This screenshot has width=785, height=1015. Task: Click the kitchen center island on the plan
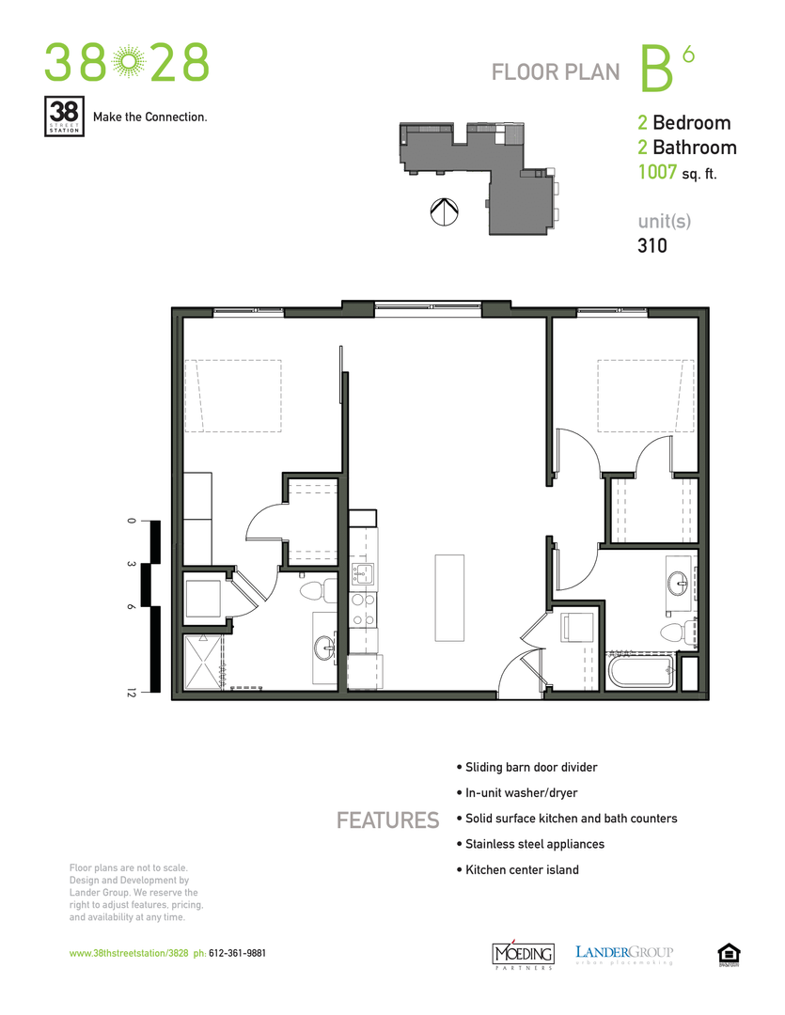(449, 597)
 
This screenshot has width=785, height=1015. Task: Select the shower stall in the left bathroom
(208, 663)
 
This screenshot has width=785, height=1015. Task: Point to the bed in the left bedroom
(233, 396)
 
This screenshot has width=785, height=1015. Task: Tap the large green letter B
(655, 70)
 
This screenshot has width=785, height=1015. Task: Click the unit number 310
(652, 246)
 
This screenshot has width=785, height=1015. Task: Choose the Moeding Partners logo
(524, 953)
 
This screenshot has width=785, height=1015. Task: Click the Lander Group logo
(624, 954)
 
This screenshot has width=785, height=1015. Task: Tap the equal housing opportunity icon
(728, 953)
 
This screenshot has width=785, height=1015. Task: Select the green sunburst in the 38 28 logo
(127, 63)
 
